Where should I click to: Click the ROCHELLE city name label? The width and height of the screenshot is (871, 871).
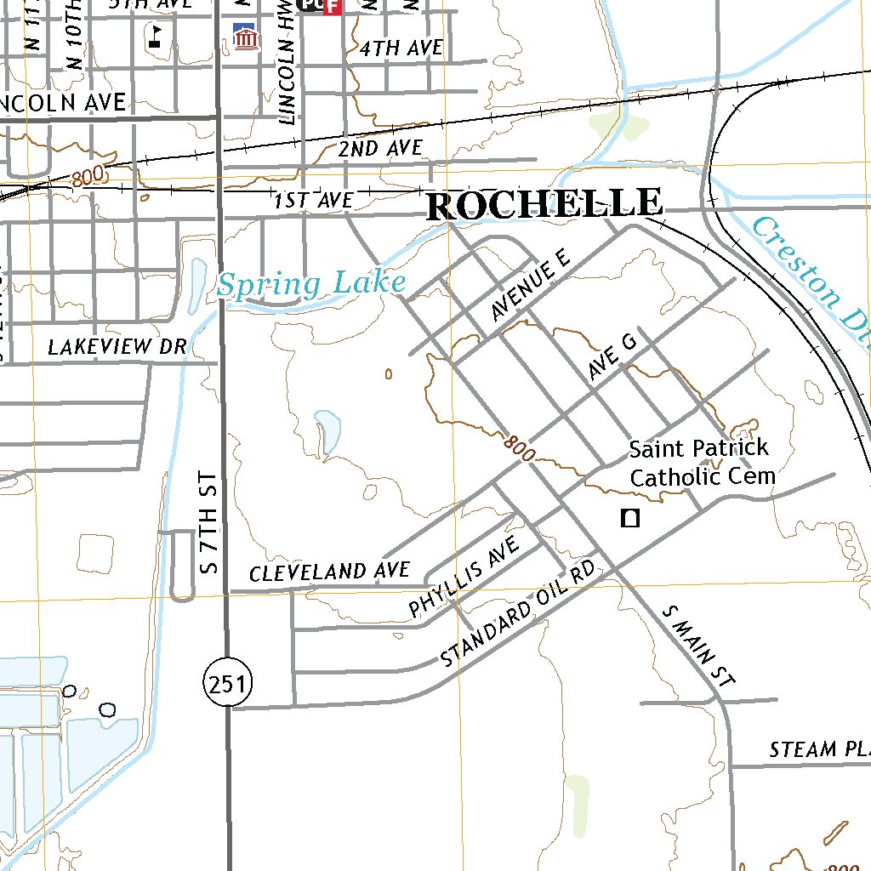[x=544, y=204]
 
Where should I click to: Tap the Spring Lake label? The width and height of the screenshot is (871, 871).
[x=310, y=283]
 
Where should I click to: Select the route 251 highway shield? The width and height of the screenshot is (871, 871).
[x=229, y=682]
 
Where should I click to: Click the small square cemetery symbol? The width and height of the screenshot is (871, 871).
[x=630, y=518]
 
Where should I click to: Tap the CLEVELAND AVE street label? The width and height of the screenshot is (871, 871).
[x=330, y=571]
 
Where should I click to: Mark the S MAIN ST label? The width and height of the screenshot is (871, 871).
[x=697, y=646]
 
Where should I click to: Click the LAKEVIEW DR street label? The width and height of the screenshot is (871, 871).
[x=117, y=346]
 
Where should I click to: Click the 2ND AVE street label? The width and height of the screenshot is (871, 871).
[x=379, y=149]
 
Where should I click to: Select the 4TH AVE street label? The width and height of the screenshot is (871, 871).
[x=401, y=48]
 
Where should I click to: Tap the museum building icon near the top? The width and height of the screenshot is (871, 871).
[x=246, y=38]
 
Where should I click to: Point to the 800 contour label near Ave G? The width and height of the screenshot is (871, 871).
[x=519, y=447]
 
